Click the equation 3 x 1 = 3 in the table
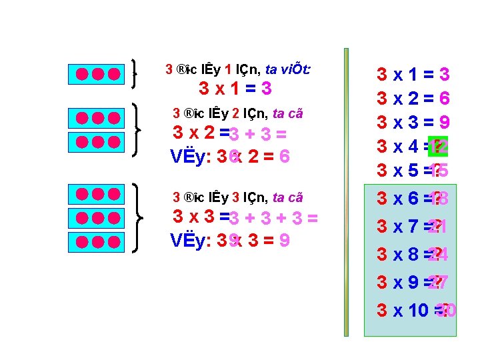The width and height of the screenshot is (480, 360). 413,75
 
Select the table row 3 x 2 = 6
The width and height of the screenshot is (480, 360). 413,99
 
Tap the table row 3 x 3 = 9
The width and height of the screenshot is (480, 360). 413,123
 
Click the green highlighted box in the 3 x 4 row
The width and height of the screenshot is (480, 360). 438,147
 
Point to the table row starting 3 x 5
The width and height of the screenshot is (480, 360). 413,171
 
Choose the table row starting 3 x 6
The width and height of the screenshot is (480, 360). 413,199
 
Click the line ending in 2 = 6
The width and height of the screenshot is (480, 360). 230,157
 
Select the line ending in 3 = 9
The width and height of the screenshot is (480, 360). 230,239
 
